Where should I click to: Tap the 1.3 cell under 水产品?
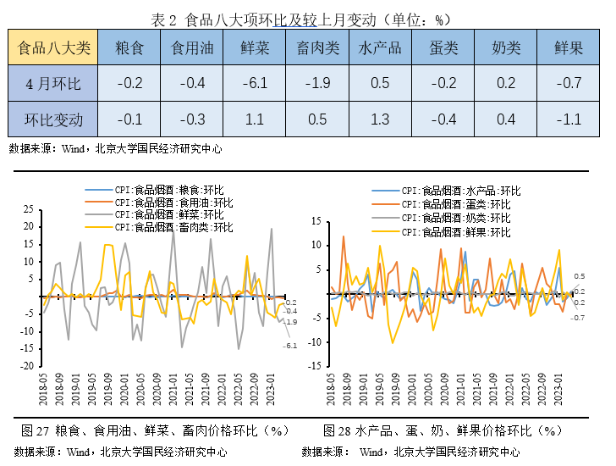pyautogui.click(x=380, y=119)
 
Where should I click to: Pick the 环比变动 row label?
pyautogui.click(x=53, y=119)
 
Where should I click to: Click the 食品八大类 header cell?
pyautogui.click(x=53, y=47)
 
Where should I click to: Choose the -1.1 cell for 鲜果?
pyautogui.click(x=569, y=119)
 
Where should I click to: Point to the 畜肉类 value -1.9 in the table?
pyautogui.click(x=318, y=83)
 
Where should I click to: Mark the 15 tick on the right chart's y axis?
pyautogui.click(x=316, y=221)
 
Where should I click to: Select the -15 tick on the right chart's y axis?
pyautogui.click(x=315, y=368)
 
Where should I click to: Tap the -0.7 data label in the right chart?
pyautogui.click(x=579, y=318)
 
